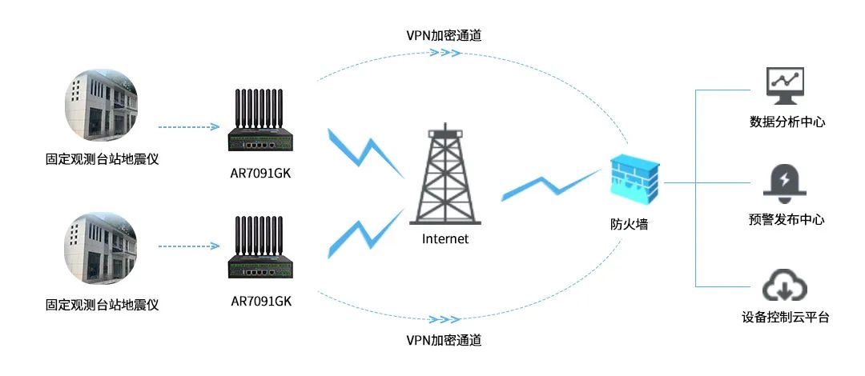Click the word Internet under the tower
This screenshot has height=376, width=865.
[x=445, y=238]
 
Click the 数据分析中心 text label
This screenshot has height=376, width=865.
[x=787, y=122]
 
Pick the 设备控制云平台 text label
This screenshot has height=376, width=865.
[x=786, y=318]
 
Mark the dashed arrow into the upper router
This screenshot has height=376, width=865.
[x=189, y=126]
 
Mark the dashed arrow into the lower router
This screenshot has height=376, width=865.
[x=189, y=246]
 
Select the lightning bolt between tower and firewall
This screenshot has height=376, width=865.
[x=553, y=186]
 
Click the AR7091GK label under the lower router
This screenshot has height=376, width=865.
[x=261, y=302]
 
